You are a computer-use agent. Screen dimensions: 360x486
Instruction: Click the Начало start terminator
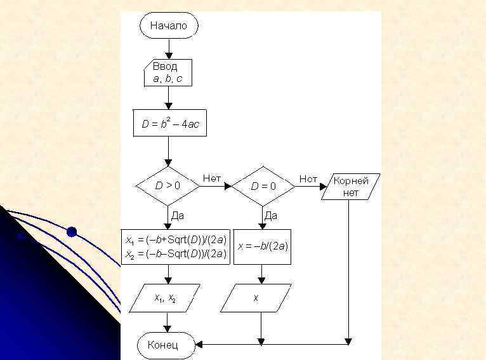click(168, 25)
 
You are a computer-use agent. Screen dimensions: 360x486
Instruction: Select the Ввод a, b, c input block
click(168, 72)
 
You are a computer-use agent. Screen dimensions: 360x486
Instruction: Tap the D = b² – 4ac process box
click(170, 124)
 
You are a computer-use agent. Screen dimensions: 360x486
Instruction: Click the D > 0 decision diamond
click(168, 186)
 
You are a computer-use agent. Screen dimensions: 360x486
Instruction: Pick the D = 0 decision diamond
click(263, 186)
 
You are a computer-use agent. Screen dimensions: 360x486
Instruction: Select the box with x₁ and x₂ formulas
click(175, 247)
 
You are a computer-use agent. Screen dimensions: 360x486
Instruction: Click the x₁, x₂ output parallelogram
click(165, 298)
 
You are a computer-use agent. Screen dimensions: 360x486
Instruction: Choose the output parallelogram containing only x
click(256, 298)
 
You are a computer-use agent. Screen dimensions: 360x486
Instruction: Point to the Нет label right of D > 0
click(212, 179)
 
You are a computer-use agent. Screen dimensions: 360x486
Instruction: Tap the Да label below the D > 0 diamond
click(178, 216)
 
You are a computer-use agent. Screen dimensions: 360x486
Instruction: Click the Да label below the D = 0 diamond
click(271, 216)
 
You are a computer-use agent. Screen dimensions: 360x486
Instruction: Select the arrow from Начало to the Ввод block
click(168, 48)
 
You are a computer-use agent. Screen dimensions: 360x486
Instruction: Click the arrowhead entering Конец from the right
click(199, 345)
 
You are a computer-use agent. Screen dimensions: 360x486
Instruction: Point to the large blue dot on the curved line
click(72, 232)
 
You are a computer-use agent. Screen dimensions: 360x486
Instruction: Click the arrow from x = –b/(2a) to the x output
click(261, 274)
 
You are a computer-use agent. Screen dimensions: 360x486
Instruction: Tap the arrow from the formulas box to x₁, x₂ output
click(168, 274)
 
